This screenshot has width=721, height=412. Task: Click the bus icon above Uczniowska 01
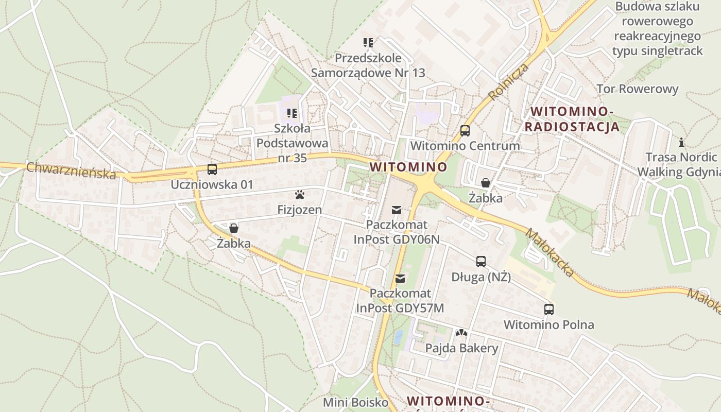[212, 169]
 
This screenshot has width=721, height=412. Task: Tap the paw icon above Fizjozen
[300, 195]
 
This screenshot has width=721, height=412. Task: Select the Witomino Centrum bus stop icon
[465, 131]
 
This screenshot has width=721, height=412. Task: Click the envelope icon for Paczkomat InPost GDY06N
[397, 210]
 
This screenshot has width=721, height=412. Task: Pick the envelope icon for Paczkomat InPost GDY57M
[400, 279]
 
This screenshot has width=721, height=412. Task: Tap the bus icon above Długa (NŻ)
[481, 262]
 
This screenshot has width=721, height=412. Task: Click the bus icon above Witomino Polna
[549, 310]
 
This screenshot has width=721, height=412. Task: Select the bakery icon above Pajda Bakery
[461, 333]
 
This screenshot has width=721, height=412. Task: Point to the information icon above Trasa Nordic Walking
[682, 142]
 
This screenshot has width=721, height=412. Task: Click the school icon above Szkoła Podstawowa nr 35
[292, 113]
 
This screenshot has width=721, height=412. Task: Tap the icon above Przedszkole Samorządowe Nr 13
[368, 43]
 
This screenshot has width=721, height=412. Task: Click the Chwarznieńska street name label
[71, 170]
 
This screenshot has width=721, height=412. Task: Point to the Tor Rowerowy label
[638, 89]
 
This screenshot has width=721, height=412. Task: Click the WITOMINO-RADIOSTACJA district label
[575, 119]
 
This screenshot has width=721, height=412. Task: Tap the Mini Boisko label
[355, 402]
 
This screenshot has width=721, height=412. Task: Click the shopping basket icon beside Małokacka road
[485, 183]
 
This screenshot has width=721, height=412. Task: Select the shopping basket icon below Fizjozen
[234, 228]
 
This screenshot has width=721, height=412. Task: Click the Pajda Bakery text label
[461, 348]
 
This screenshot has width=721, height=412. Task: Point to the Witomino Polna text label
[549, 325]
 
